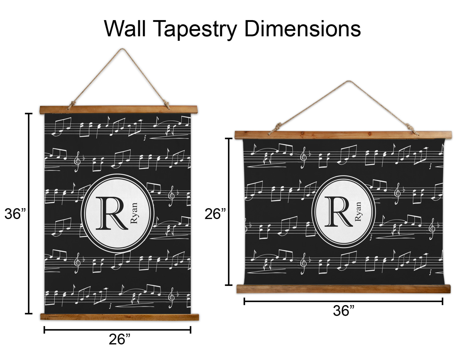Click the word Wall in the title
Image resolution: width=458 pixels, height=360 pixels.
tap(125, 29)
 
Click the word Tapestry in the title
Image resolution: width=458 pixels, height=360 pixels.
tap(196, 30)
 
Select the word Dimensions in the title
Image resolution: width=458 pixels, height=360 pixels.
tap(303, 29)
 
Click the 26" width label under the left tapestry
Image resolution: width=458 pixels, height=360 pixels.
tap(119, 339)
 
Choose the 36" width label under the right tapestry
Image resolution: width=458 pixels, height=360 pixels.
tap(343, 311)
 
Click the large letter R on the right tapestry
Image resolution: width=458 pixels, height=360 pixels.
tap(338, 211)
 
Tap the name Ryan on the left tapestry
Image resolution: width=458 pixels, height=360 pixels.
tap(134, 213)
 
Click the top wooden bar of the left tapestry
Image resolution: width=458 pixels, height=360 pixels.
tap(119, 110)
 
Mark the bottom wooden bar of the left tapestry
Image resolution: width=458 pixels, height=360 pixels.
tap(120, 317)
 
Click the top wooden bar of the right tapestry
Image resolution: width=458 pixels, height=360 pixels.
tap(343, 135)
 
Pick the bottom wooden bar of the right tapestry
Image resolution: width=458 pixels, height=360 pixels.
tap(343, 289)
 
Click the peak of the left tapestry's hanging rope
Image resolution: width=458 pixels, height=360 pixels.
tap(122, 49)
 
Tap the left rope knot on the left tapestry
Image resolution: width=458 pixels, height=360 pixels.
tap(73, 105)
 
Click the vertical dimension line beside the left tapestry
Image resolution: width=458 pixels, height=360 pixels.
tap(29, 214)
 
